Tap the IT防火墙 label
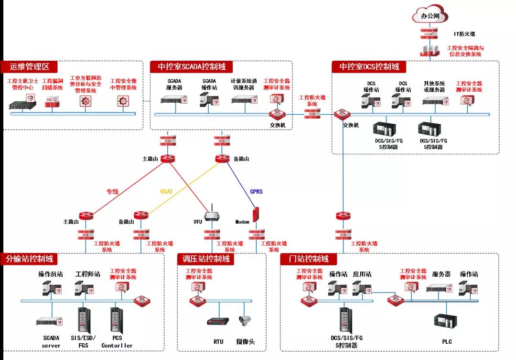point(464,34)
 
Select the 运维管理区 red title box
point(30,67)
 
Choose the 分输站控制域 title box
point(30,259)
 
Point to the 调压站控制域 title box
point(206,259)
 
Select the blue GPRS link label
point(256,191)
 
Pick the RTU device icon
point(218,322)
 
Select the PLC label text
point(447,342)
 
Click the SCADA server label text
point(51,341)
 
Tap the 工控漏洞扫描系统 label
point(53,84)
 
